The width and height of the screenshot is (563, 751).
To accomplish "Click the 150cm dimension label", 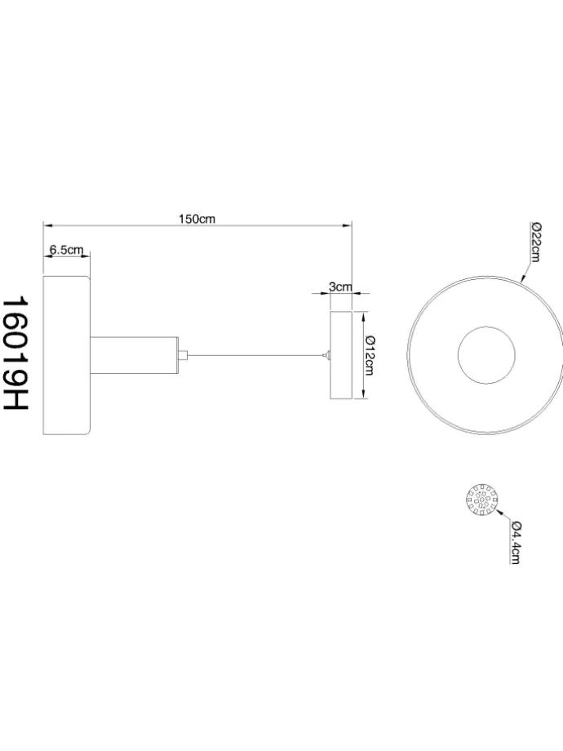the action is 197,219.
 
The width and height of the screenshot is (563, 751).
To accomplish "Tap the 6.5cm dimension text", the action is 66,250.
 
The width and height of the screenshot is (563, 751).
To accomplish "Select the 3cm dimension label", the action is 340,287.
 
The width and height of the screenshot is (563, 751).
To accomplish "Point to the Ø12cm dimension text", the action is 370,356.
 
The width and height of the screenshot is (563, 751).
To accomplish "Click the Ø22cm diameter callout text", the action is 535,242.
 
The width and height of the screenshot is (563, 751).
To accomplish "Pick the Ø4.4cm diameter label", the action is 515,542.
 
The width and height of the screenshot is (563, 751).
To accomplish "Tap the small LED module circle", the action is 482,500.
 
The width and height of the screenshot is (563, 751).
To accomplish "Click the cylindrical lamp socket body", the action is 135,355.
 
